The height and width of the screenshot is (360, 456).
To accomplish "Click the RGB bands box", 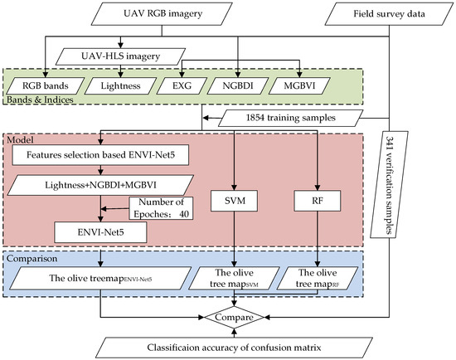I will point(47,85).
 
